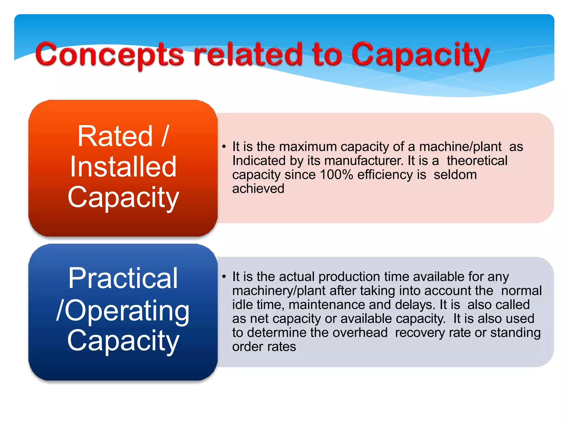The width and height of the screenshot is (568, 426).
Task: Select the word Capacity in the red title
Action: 420,55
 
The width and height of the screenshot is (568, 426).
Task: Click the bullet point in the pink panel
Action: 224,147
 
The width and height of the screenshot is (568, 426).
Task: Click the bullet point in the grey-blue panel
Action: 224,277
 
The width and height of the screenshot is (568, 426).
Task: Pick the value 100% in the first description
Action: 336,175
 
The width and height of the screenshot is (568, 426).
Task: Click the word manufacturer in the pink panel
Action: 364,161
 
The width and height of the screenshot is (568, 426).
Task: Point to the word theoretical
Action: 477,161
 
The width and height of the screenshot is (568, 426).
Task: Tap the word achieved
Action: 258,189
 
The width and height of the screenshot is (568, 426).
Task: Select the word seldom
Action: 455,175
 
